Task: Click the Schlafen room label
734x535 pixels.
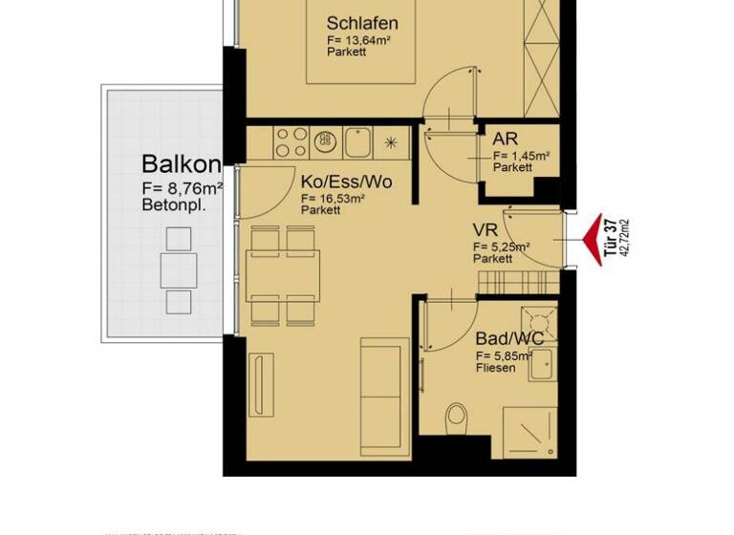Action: coord(362,24)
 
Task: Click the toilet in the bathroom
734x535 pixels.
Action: coord(457,418)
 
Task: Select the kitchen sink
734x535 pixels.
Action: coord(358,143)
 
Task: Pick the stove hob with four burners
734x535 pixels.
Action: coord(291,142)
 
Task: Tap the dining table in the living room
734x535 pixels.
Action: coord(282,274)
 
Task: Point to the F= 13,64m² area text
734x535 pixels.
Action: coord(362,41)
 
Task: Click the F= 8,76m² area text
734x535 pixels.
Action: coord(182,188)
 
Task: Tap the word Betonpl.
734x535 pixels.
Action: coord(173,204)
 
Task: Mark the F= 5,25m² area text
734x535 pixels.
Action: coord(502,246)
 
